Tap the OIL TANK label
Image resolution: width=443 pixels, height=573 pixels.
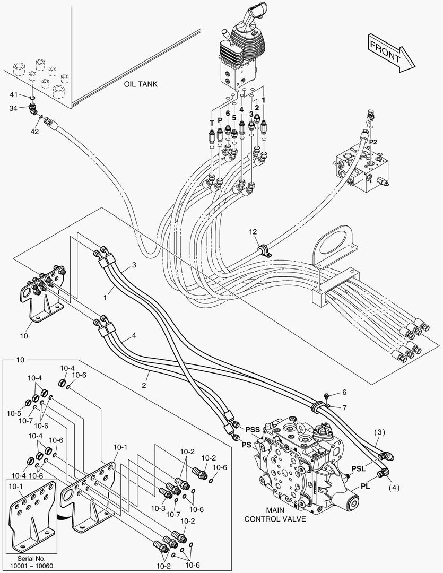coord(141,84)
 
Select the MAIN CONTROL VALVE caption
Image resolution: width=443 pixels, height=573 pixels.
coord(275,514)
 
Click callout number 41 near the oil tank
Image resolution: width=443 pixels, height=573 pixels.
coord(15,94)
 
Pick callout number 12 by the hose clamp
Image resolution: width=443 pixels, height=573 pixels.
coord(254,232)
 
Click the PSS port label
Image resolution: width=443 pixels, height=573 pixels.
coord(253,429)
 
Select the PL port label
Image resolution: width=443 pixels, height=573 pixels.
coord(365,485)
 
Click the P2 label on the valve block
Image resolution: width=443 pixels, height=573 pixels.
coord(373,142)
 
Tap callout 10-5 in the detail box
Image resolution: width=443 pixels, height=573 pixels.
coord(14,414)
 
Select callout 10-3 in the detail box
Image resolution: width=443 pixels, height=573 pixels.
coord(159,508)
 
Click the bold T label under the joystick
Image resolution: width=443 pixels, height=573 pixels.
coord(212,123)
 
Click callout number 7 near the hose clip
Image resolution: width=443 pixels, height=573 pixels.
coord(344,407)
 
